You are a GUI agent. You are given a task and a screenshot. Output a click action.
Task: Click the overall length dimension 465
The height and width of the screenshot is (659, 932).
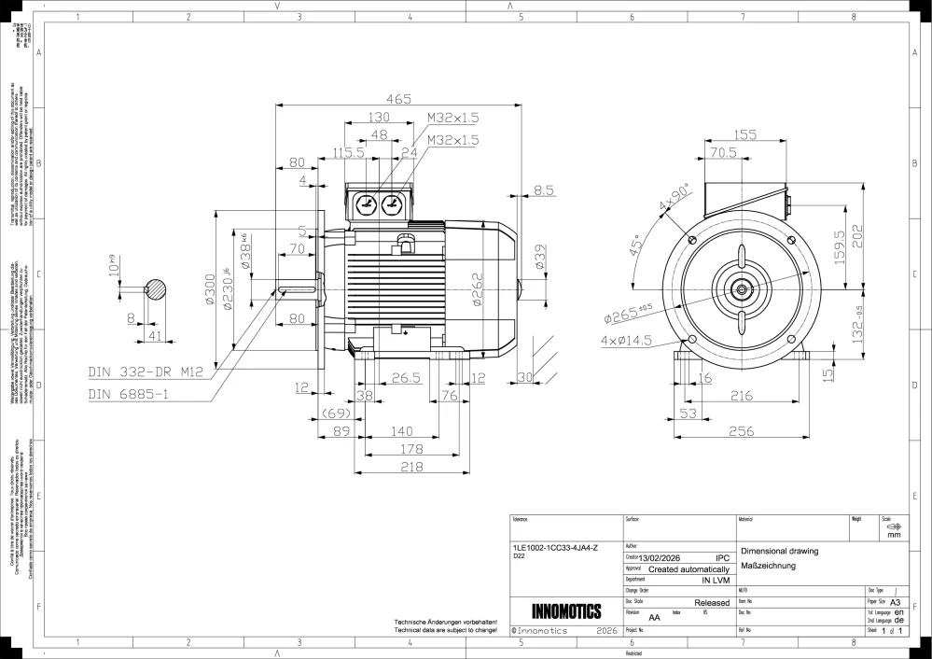click(398, 98)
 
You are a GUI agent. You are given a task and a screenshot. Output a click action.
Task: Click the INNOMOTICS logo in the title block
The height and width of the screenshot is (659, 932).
click(565, 612)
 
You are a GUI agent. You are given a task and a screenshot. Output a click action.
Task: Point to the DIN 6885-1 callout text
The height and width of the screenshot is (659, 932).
click(128, 394)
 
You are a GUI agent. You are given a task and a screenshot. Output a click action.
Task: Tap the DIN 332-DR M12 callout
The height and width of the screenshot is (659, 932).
click(146, 372)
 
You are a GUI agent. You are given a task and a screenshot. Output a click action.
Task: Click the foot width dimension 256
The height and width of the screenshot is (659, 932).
click(741, 431)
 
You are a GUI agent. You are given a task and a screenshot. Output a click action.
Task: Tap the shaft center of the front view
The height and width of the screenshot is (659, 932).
click(742, 289)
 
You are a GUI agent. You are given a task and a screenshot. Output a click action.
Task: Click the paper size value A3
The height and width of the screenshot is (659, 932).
click(896, 603)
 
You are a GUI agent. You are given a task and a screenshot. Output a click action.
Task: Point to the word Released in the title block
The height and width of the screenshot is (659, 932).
click(712, 603)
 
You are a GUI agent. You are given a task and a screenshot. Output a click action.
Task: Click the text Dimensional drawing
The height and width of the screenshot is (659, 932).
click(779, 551)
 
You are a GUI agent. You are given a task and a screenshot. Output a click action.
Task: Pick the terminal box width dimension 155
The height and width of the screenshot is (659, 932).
click(744, 135)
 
